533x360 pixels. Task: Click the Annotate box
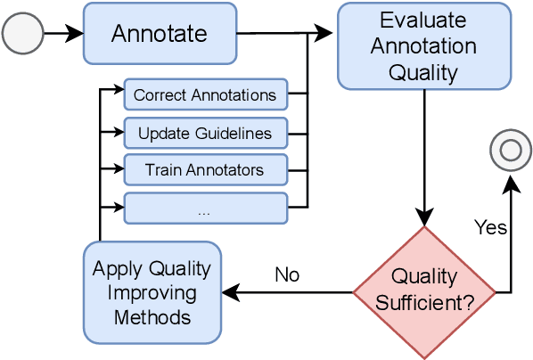pyautogui.click(x=160, y=33)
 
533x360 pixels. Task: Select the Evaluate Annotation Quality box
pyautogui.click(x=422, y=45)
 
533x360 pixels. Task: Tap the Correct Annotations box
pyautogui.click(x=205, y=94)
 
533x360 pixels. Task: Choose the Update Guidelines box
pyautogui.click(x=205, y=134)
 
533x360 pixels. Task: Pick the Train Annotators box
pyautogui.click(x=205, y=169)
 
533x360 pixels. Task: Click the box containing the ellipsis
pyautogui.click(x=205, y=209)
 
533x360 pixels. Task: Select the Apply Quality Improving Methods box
pyautogui.click(x=152, y=291)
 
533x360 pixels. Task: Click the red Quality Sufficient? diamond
pyautogui.click(x=424, y=291)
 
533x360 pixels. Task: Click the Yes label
pyautogui.click(x=490, y=227)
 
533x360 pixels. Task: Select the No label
pyautogui.click(x=287, y=274)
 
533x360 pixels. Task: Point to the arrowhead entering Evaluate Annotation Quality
pyautogui.click(x=328, y=34)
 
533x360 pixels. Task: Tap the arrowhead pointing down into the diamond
pyautogui.click(x=424, y=217)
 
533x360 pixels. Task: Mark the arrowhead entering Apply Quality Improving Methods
pyautogui.click(x=230, y=291)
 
